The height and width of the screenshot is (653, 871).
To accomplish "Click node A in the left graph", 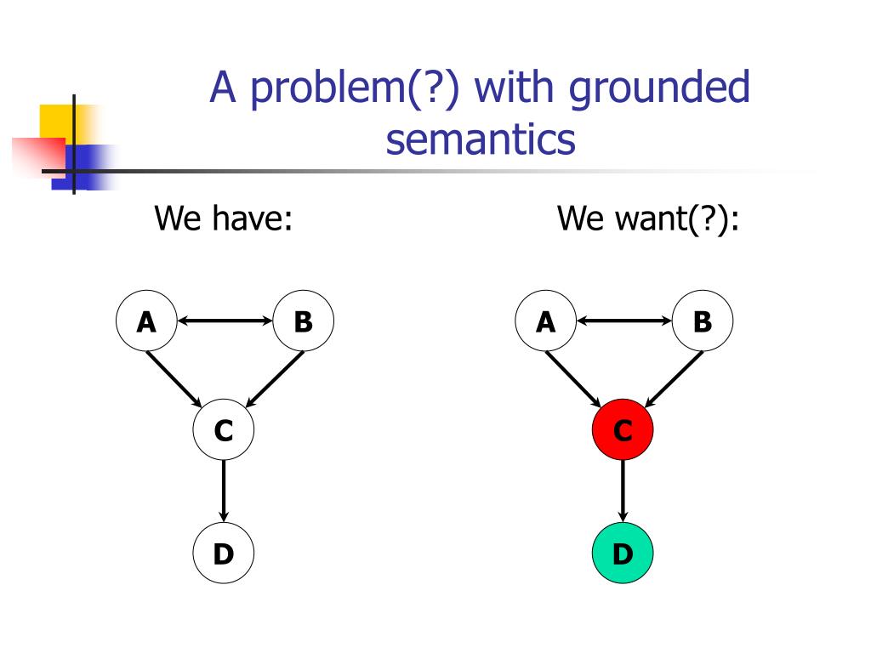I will click(x=146, y=321).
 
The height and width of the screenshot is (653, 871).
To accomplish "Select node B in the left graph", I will click(x=303, y=321).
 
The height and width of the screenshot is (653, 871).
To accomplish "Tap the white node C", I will click(x=223, y=431).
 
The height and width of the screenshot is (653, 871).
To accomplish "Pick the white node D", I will click(x=223, y=554).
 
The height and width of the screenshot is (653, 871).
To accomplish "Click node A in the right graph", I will click(x=545, y=321).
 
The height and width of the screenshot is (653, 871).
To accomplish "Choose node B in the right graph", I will click(x=703, y=321).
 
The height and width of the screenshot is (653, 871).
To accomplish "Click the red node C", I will click(x=623, y=431).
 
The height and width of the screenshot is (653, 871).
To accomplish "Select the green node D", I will click(x=623, y=554).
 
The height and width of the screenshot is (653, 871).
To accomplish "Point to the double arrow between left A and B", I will click(x=225, y=321).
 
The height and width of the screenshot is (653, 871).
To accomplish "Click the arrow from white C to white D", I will click(x=223, y=491).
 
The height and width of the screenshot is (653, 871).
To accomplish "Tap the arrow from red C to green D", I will click(x=623, y=491).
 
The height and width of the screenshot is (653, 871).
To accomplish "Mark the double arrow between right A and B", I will click(x=623, y=321).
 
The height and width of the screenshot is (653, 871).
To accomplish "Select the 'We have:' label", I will click(x=224, y=219).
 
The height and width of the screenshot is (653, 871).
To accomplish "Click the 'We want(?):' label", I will click(x=648, y=219).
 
